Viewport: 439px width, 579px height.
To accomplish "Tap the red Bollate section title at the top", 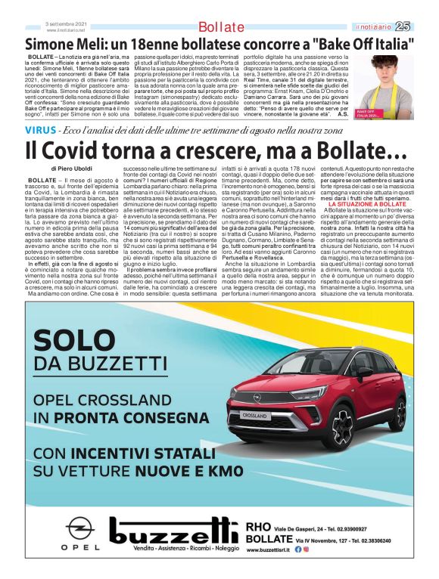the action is click(220, 28).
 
